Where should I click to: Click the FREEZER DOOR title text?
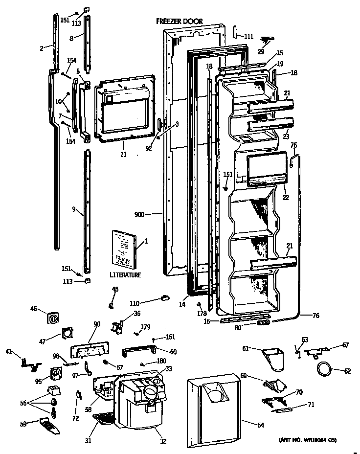pos(180,21)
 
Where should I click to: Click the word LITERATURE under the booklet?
pos(125,275)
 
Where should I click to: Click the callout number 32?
pos(163,441)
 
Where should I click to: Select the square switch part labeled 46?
pos(52,318)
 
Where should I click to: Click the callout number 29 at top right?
pos(261,51)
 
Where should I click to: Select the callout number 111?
pos(248,37)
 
